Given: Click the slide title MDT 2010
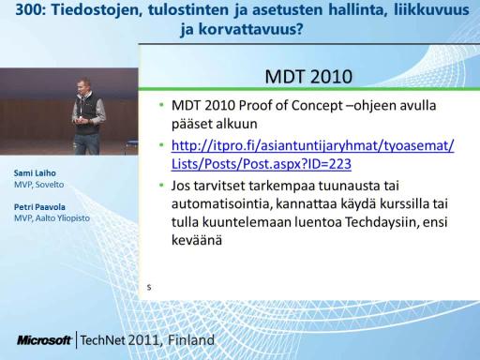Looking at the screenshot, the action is tap(308, 77).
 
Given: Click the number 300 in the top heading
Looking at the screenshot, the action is tap(28, 9).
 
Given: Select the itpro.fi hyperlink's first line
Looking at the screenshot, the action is tap(313, 145).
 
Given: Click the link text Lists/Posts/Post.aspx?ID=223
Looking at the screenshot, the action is tap(262, 164).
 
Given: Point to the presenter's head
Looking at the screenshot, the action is tap(84, 85).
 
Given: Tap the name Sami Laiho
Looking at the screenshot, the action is tap(35, 173).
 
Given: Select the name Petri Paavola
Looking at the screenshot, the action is tap(39, 207).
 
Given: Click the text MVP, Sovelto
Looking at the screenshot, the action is tap(38, 185).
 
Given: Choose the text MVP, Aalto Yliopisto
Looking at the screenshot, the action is tap(52, 218).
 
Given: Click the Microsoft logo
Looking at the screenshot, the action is tap(44, 340).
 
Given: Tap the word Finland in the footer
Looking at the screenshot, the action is tap(191, 340).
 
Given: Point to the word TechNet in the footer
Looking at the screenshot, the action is tap(102, 340).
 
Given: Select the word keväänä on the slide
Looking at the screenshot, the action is tap(197, 240).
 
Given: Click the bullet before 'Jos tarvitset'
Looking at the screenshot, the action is tap(161, 186).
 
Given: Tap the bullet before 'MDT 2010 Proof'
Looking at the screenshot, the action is tap(161, 105).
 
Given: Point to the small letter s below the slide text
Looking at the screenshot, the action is tap(149, 287).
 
